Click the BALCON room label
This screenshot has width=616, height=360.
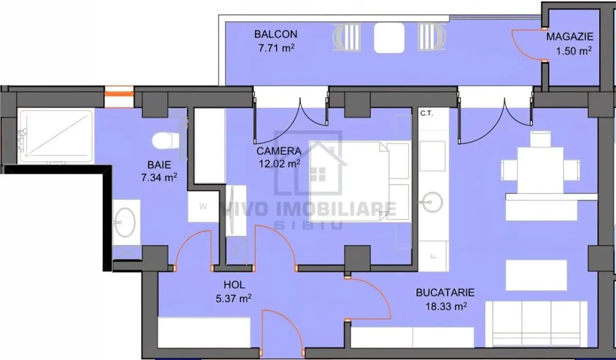click(x=276, y=34)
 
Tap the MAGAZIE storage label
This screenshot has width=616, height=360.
click(x=569, y=36)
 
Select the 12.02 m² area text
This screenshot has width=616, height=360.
click(x=279, y=164)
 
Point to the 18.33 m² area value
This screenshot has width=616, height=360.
click(x=446, y=306)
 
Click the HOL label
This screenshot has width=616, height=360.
click(x=234, y=285)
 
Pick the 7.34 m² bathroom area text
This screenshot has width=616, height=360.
click(x=159, y=177)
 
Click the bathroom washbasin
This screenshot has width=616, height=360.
click(x=125, y=222)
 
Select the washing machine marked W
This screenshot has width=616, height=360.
click(x=203, y=206)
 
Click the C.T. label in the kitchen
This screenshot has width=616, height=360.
click(x=427, y=113)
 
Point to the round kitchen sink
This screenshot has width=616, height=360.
click(x=432, y=202)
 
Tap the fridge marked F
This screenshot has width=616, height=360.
click(x=434, y=256)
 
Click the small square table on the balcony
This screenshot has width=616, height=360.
click(x=389, y=37)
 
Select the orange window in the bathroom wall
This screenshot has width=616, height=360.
click(x=119, y=94)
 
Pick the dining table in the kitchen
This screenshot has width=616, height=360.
click(x=541, y=170)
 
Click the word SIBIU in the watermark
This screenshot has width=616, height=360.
click(x=309, y=225)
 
